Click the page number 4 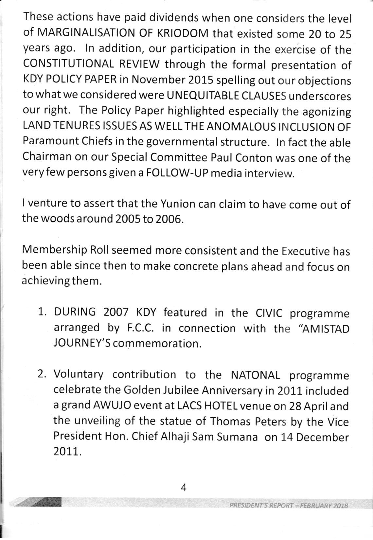pyautogui.click(x=183, y=488)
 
